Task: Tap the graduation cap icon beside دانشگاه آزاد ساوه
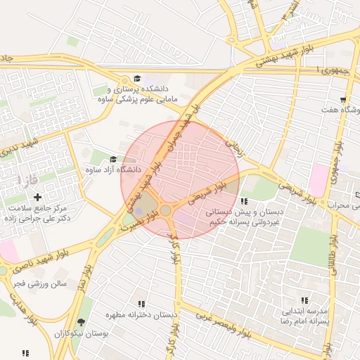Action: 113,159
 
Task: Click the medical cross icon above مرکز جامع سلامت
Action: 37,197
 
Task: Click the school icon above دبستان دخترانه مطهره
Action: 141,304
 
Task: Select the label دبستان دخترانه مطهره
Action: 141,315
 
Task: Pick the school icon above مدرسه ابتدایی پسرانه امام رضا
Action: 304,300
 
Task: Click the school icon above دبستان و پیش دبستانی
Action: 244,201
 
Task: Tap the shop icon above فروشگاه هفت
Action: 343,99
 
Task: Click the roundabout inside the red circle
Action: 166,210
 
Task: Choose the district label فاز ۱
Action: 30,182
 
